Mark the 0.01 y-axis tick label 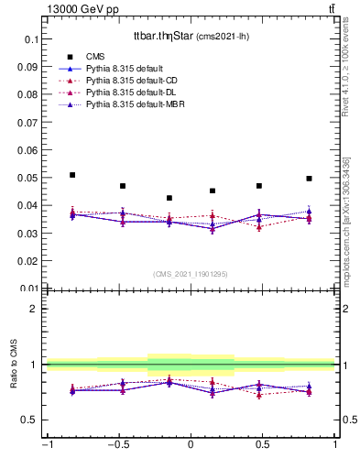click(28, 288)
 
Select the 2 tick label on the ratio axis click(36, 309)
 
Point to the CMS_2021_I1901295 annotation click(191, 274)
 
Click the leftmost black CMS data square click(72, 175)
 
